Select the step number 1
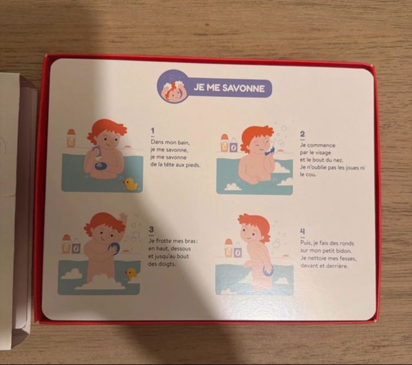click(x=152, y=131)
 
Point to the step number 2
click(x=303, y=134)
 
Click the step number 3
click(x=151, y=230)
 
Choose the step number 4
click(x=303, y=231)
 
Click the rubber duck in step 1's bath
click(x=130, y=184)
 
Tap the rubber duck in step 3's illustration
click(x=131, y=274)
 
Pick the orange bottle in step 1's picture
click(x=71, y=138)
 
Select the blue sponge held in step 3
click(x=114, y=248)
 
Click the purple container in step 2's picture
click(x=233, y=147)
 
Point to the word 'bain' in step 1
click(x=183, y=142)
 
